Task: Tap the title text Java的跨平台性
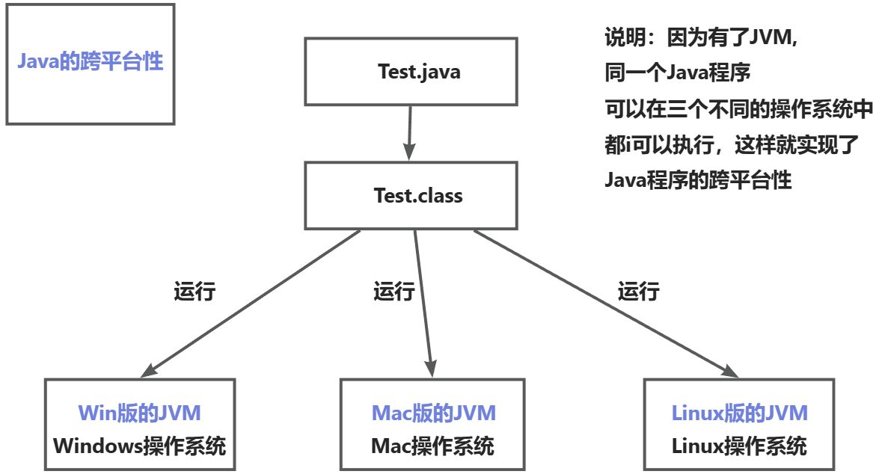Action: (90, 61)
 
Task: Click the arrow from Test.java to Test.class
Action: (409, 132)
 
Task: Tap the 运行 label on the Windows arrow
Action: (195, 291)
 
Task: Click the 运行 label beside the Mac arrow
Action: (394, 291)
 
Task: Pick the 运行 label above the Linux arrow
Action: (638, 291)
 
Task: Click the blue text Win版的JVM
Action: (139, 413)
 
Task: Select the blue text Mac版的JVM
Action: (434, 413)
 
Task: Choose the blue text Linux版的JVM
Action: (739, 413)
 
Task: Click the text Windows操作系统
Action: (139, 446)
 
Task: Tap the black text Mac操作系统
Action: (432, 446)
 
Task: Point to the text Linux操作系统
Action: (739, 446)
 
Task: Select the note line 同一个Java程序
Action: (677, 73)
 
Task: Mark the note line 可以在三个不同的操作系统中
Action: (738, 109)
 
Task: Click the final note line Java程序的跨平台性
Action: (697, 179)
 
